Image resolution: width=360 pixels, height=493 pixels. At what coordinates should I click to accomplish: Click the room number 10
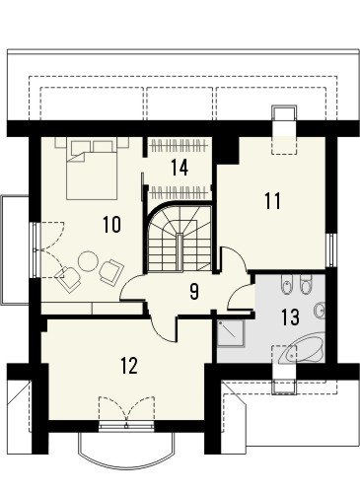coord(111,225)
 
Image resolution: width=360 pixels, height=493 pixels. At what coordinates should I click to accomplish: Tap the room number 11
coord(273,201)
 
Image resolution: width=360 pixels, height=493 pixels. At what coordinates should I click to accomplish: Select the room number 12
coord(128,366)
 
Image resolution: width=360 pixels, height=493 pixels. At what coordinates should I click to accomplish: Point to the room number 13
coord(290,317)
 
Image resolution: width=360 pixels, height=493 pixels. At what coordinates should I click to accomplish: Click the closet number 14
coord(180,167)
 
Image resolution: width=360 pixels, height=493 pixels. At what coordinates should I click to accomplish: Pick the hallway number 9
coord(194,292)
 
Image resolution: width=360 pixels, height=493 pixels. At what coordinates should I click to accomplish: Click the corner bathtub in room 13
coord(302,348)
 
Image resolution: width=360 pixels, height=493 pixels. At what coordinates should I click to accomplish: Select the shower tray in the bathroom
coord(231,333)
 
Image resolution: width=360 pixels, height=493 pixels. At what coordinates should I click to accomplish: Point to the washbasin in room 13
coord(320,310)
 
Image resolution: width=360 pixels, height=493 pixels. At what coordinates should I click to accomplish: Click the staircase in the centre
coord(179,237)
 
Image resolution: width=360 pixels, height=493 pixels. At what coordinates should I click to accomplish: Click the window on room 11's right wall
coord(331,250)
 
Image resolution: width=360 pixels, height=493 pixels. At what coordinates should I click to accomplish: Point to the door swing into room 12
coord(164,329)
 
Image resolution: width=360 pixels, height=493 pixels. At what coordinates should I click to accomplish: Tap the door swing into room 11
coord(233,259)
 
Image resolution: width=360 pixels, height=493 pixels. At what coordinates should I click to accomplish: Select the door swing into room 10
coord(132,287)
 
